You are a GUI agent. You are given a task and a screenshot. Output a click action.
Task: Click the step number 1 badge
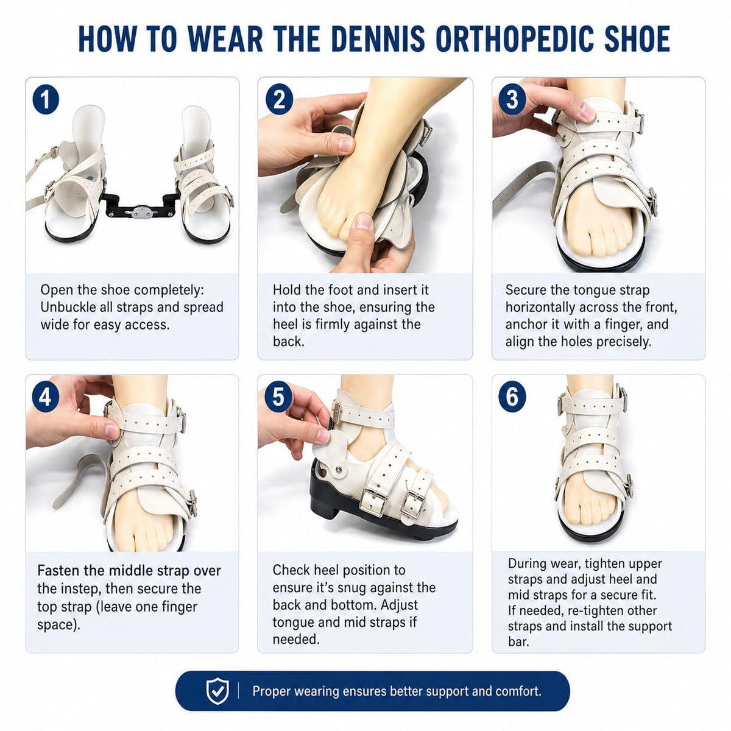pyautogui.click(x=46, y=100)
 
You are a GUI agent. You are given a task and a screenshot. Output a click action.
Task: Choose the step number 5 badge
pyautogui.click(x=279, y=396)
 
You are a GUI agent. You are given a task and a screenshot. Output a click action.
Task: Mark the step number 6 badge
pyautogui.click(x=512, y=396)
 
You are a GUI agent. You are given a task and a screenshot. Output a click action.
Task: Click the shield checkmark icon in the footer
pyautogui.click(x=217, y=691)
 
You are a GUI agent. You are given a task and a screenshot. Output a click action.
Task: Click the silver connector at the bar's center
pyautogui.click(x=141, y=213)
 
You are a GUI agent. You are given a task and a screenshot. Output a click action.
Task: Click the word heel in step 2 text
pyautogui.click(x=283, y=324)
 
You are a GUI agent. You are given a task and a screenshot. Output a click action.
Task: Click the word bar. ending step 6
pyautogui.click(x=518, y=642)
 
